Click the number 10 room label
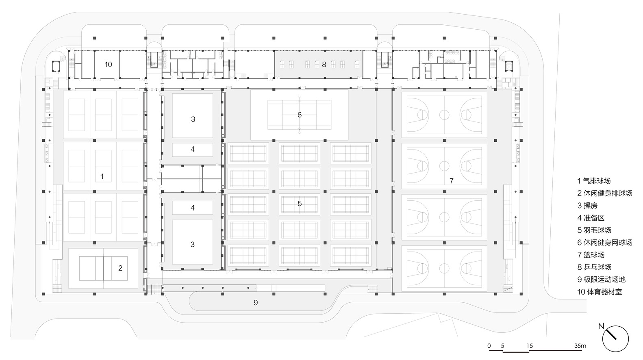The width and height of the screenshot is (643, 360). pos(108,65)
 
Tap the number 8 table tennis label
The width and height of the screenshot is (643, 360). pos(324,65)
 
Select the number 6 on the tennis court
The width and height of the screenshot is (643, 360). pos(300,115)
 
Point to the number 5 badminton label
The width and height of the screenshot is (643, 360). pos(300,204)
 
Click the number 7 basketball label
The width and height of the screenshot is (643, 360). pos(452,181)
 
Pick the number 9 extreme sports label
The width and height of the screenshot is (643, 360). pos(256,302)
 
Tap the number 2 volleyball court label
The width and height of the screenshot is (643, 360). pos(120,268)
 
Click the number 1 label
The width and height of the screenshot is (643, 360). pos(102,176)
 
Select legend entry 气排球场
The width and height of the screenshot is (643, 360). pos(597,181)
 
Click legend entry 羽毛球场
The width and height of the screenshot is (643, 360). pos(597,230)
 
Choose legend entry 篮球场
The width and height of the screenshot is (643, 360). pos(594,255)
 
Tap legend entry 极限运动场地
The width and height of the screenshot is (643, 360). pos(604,280)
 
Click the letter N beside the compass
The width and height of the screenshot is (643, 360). pos(601,326)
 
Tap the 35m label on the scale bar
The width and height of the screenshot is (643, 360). pos(580,346)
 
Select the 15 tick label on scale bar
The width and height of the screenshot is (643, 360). pos(530,346)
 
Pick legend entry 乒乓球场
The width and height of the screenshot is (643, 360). pos(597,267)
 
